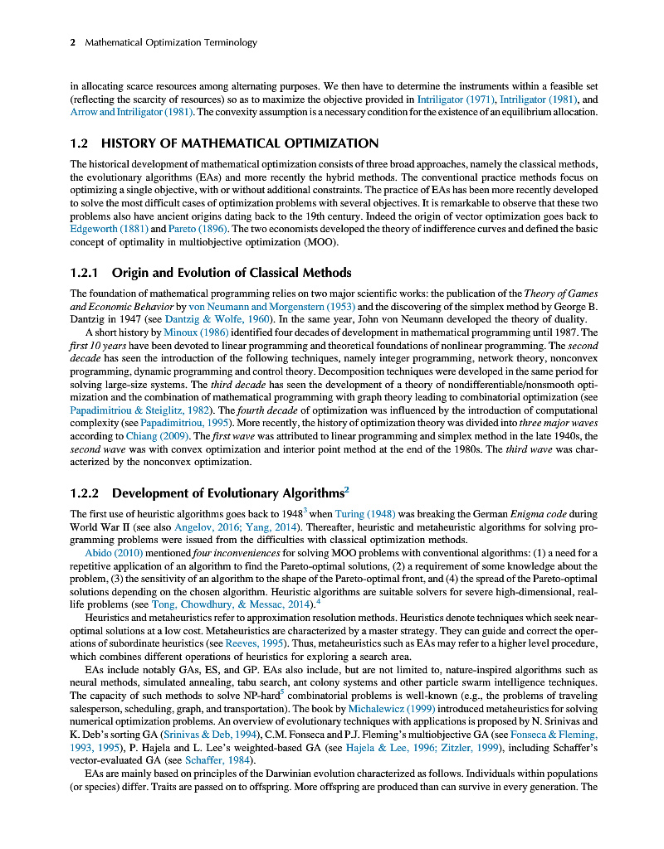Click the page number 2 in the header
click(x=73, y=42)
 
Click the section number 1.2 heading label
click(x=81, y=143)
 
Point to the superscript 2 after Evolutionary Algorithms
click(x=346, y=489)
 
